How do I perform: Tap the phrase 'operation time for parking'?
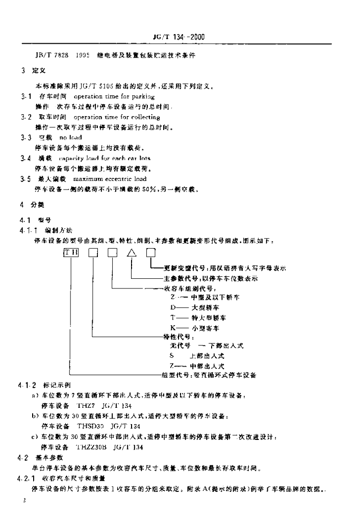pos(114,96)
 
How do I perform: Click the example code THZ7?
pos(86,406)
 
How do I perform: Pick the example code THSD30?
pos(88,426)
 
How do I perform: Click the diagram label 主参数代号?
pos(180,278)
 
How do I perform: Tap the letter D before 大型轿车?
pos(172,308)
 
